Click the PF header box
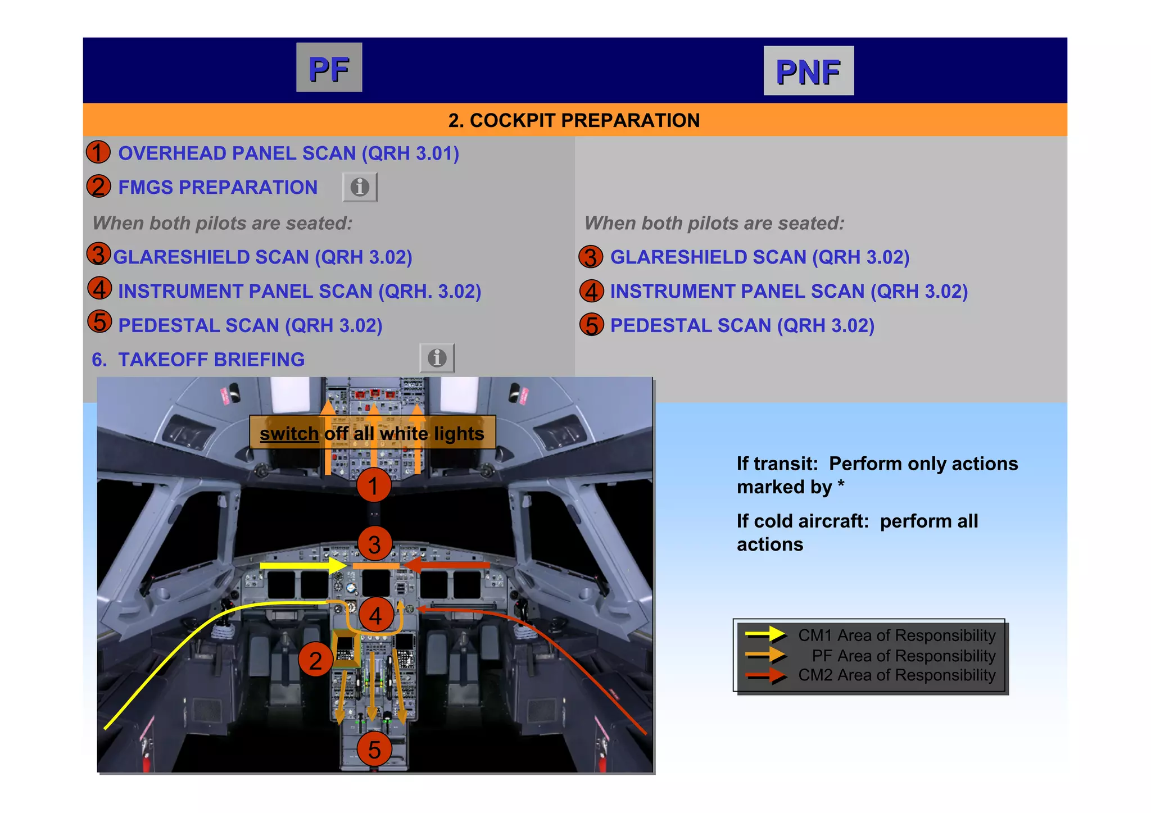329,67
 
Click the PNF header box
808,71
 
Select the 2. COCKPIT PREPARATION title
574,120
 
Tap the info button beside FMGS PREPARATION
360,187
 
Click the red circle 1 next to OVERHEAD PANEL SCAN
98,152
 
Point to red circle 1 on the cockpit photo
374,485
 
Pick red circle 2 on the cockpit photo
315,660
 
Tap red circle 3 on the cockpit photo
374,543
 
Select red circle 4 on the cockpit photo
375,615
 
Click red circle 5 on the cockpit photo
374,749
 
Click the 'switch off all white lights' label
372,433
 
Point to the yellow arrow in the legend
765,635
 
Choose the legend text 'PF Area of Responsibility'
903,656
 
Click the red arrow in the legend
766,676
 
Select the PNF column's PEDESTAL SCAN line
742,325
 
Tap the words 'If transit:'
777,464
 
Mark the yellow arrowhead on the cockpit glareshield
337,565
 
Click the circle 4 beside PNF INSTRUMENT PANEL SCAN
591,291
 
